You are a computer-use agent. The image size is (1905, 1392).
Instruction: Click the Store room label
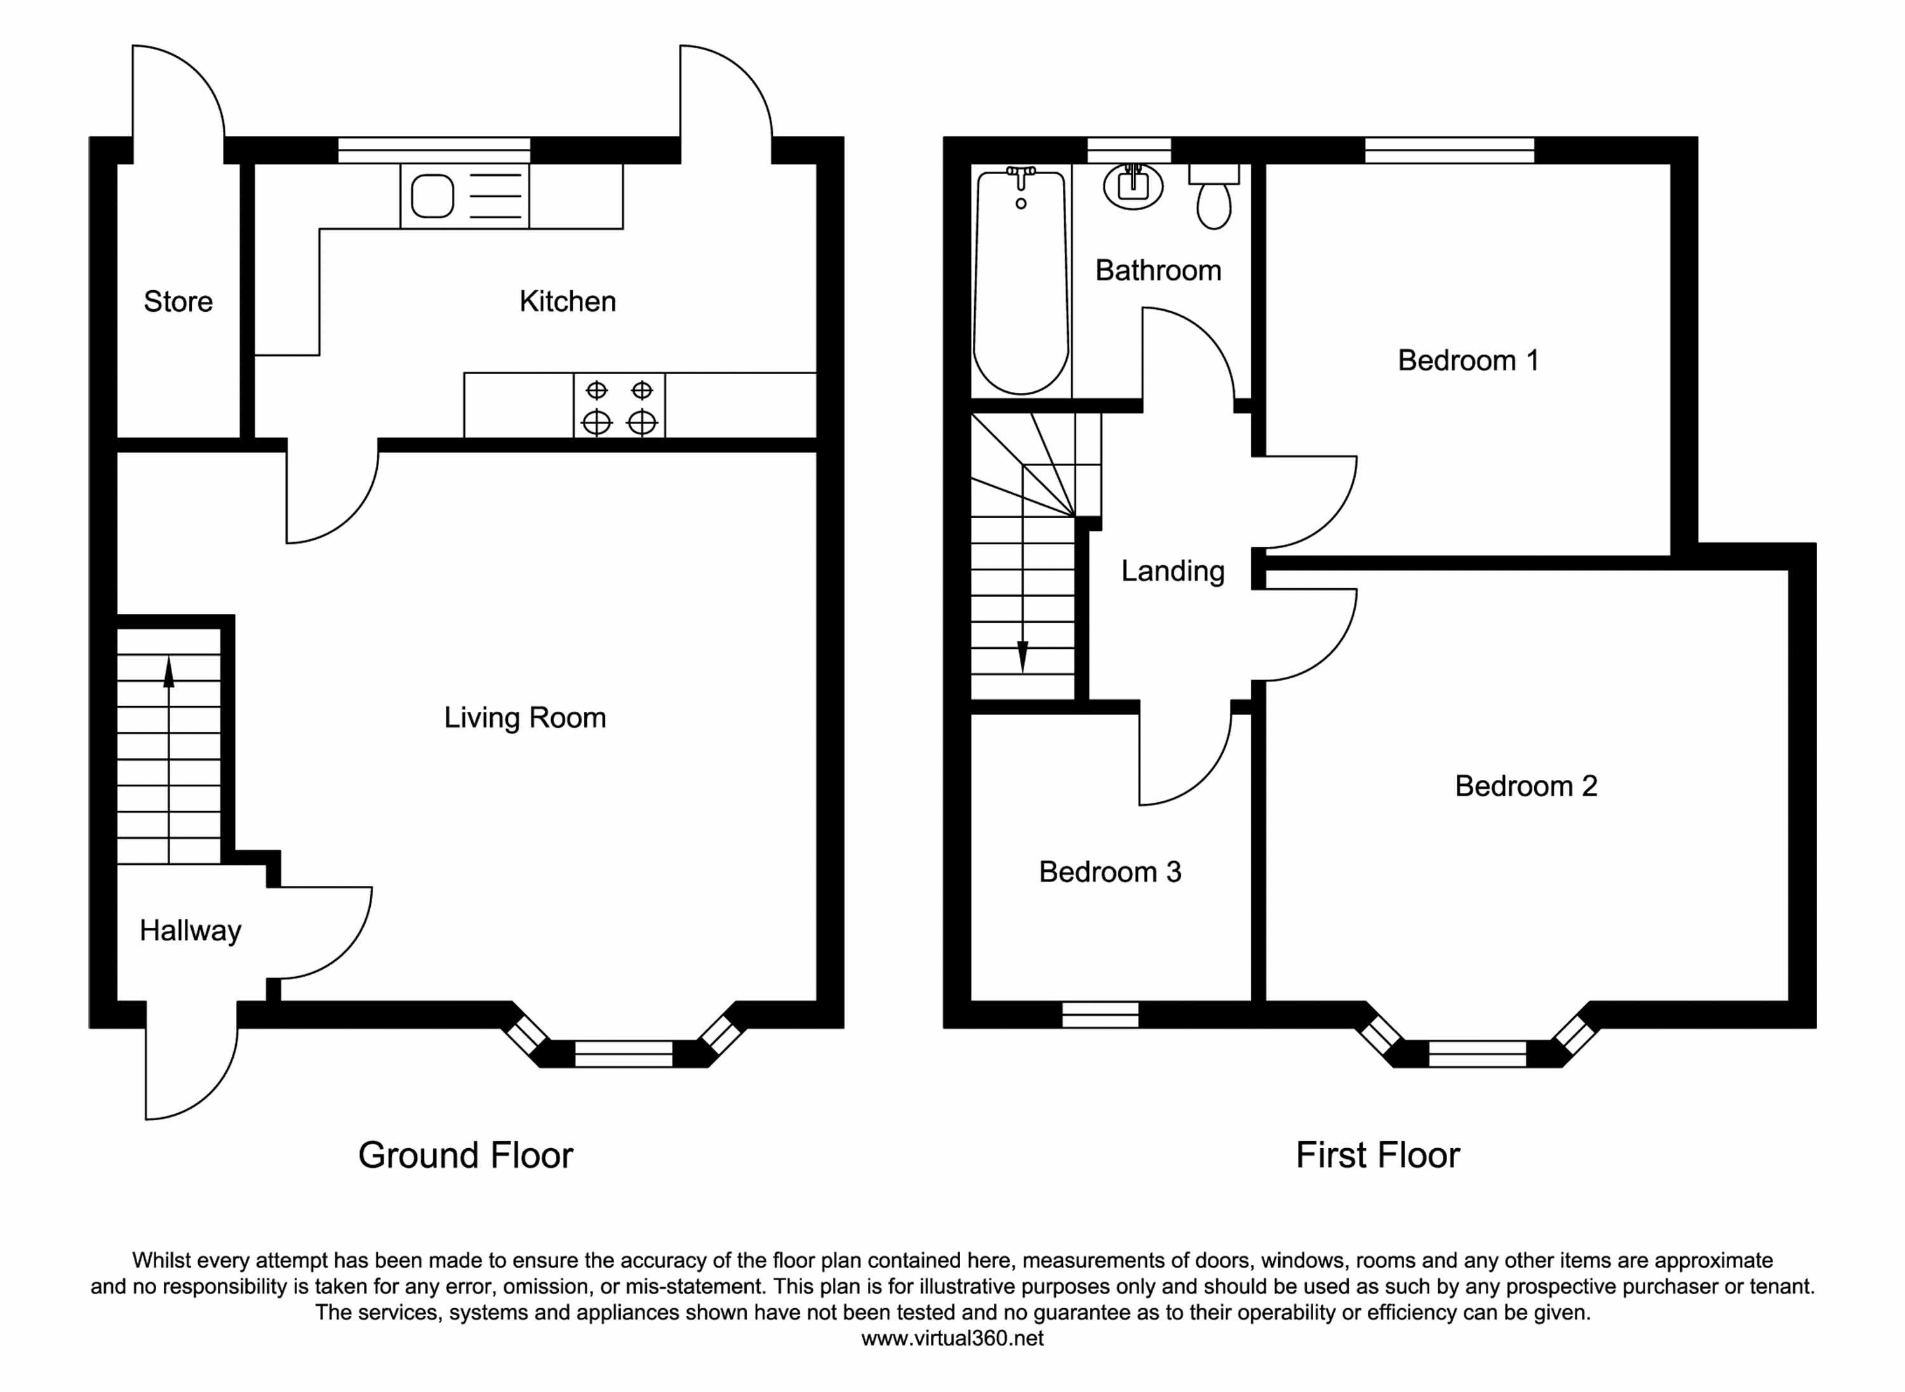pyautogui.click(x=178, y=302)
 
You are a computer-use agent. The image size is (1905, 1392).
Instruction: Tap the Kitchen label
pyautogui.click(x=567, y=302)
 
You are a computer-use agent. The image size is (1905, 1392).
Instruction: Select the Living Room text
pyautogui.click(x=525, y=718)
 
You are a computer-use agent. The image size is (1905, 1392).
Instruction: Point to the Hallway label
pyautogui.click(x=190, y=930)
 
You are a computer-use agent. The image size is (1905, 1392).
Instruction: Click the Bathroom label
pyautogui.click(x=1158, y=271)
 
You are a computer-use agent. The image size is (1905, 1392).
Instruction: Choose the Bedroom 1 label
pyautogui.click(x=1467, y=361)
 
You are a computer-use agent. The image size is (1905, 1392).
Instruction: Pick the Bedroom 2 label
pyautogui.click(x=1526, y=786)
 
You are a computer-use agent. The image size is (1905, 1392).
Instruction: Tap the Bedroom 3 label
pyautogui.click(x=1109, y=872)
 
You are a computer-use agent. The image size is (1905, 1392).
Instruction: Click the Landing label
pyautogui.click(x=1172, y=572)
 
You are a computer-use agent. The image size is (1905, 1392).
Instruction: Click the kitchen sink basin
pyautogui.click(x=432, y=196)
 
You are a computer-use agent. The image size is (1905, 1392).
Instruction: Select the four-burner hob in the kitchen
pyautogui.click(x=619, y=405)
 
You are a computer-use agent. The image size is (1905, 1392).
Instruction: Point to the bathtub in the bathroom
pyautogui.click(x=1021, y=283)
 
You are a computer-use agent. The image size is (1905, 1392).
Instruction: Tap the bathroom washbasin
pyautogui.click(x=1133, y=185)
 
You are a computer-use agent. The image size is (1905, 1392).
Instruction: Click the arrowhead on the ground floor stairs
pyautogui.click(x=168, y=672)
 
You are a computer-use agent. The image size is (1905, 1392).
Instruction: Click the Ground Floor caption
pyautogui.click(x=465, y=1155)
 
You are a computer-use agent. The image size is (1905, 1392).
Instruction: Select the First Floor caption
pyautogui.click(x=1377, y=1155)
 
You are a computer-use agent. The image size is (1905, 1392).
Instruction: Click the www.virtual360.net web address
pyautogui.click(x=952, y=1338)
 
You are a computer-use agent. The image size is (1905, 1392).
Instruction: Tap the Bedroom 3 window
pyautogui.click(x=1100, y=1015)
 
